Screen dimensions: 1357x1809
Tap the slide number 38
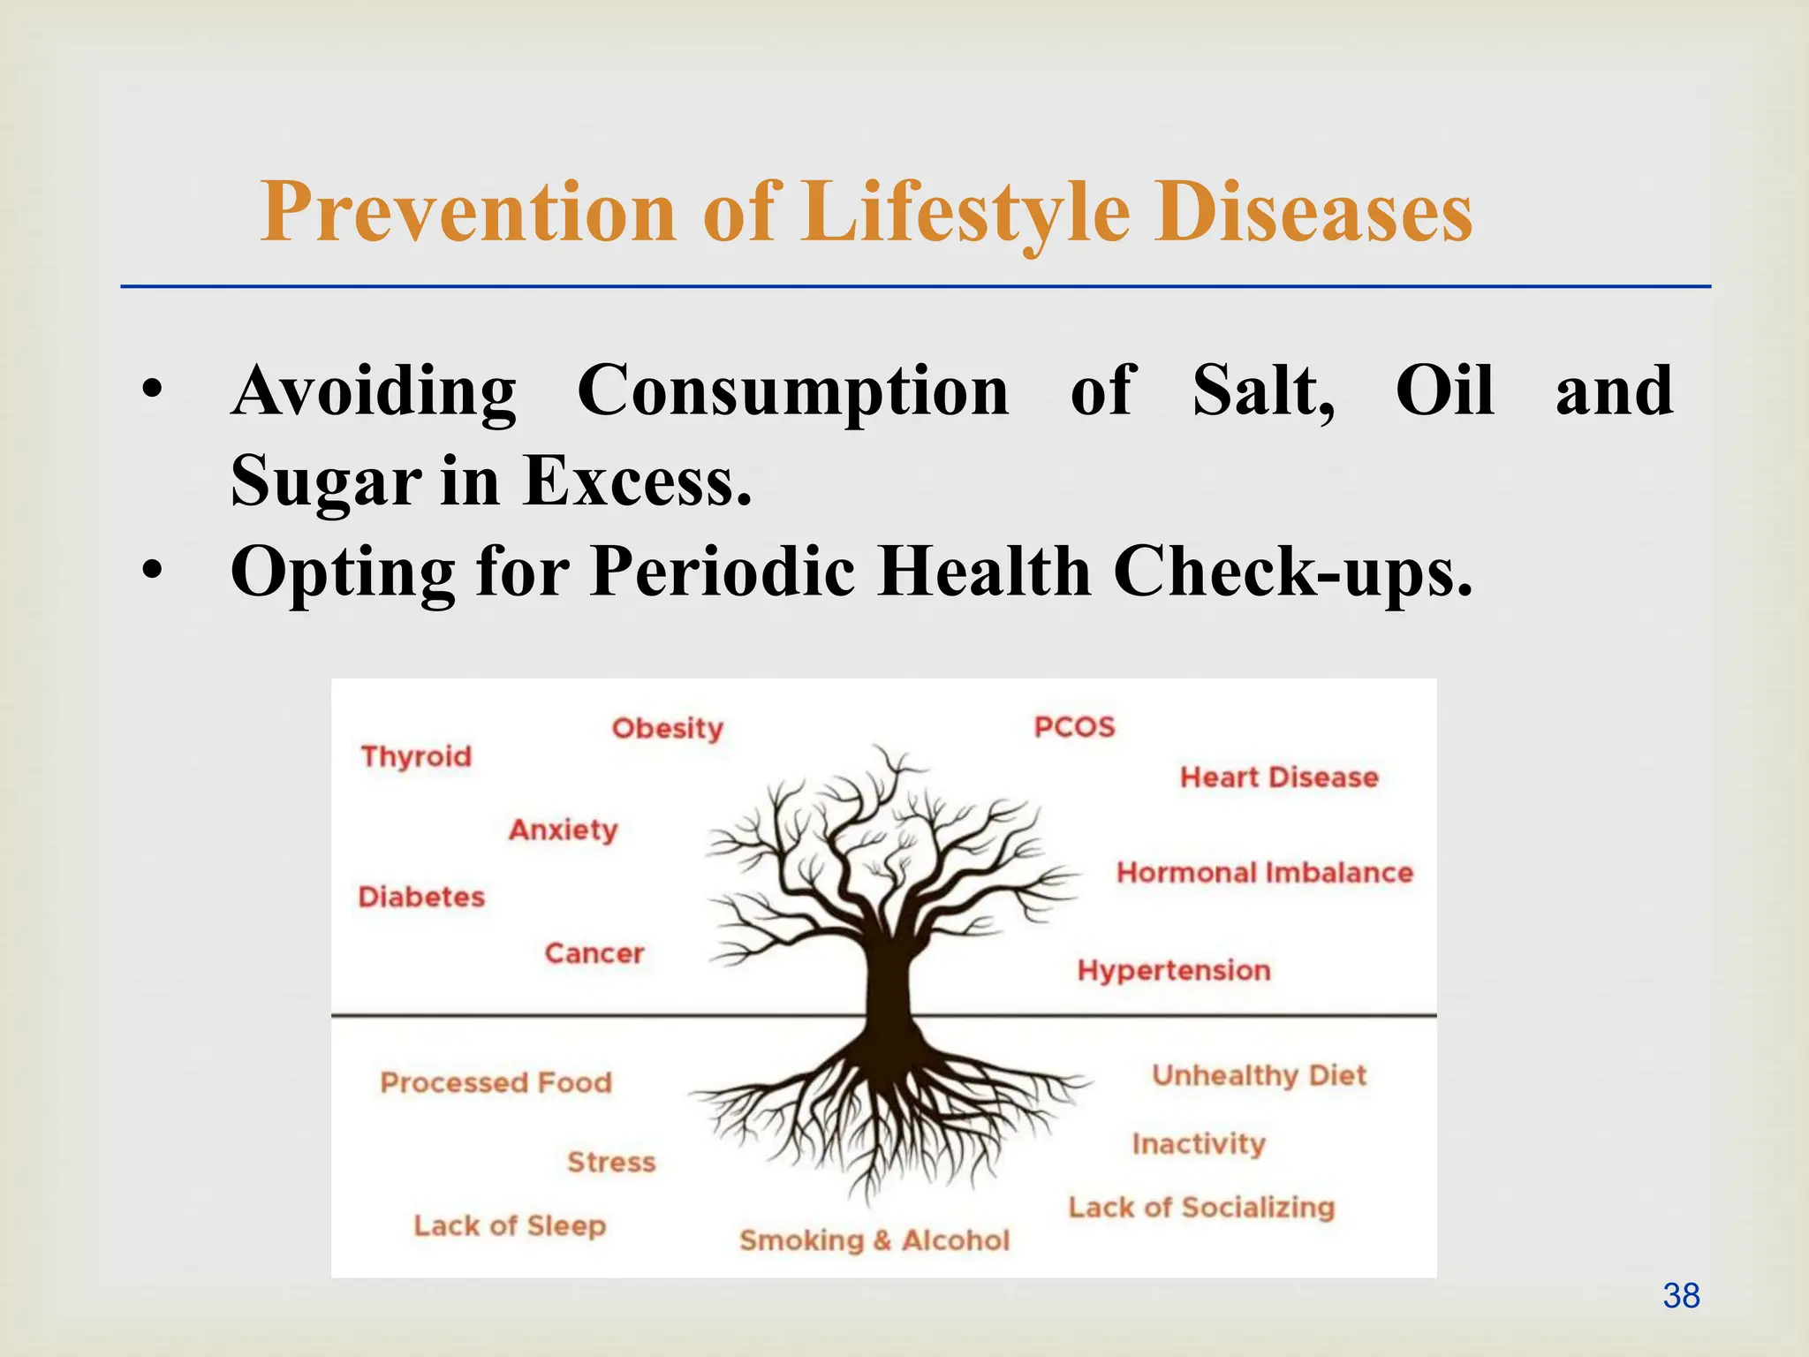click(1681, 1296)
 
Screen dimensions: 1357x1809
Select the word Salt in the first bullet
click(1263, 390)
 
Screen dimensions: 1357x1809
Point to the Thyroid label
click(416, 756)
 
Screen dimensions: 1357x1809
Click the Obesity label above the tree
click(667, 728)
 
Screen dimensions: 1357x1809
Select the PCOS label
click(1074, 727)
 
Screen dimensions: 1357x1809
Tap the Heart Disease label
click(1279, 777)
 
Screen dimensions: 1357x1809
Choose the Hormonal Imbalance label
click(1264, 873)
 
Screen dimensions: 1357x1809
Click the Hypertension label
click(1174, 970)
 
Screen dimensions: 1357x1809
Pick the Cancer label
click(594, 953)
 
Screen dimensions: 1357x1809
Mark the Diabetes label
click(421, 897)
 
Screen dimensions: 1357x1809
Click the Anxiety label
click(563, 830)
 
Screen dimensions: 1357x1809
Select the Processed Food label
click(496, 1082)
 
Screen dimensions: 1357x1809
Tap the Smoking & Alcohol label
click(874, 1240)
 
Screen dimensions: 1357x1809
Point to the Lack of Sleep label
click(510, 1225)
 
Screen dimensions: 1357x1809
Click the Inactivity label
click(1199, 1144)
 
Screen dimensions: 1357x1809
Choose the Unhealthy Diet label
click(1259, 1075)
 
